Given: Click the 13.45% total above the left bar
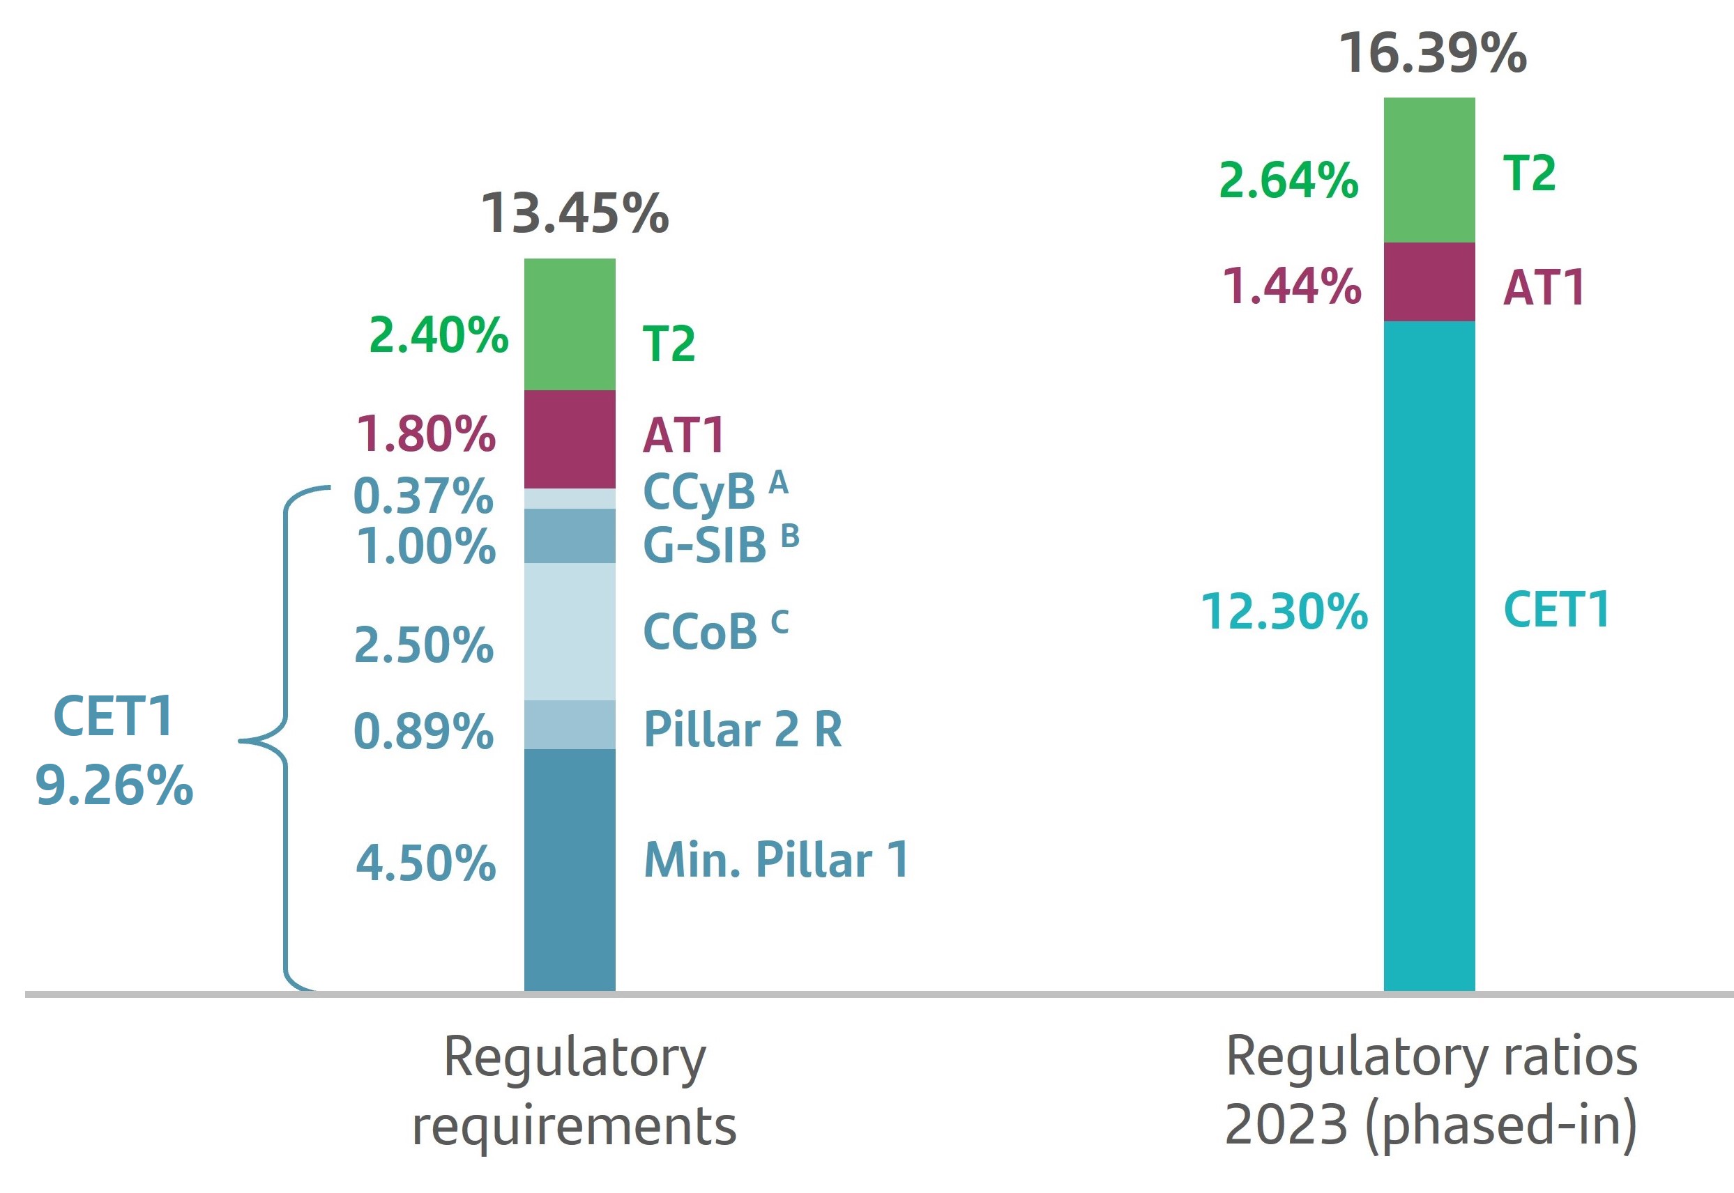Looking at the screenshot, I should (x=575, y=214).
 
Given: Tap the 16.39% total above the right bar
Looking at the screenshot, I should (x=1432, y=54).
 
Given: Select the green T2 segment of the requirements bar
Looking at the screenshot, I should (x=569, y=325).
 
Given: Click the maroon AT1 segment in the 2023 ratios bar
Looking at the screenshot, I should (x=1429, y=282).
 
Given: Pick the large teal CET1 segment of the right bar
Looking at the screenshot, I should (x=1429, y=656).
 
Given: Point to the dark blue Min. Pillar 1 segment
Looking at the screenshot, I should (x=569, y=870).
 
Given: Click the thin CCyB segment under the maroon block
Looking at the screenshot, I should (x=569, y=498).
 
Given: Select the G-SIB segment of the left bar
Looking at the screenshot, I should (x=569, y=536).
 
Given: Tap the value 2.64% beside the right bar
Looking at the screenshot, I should (x=1288, y=181).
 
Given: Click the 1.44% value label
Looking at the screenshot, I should (x=1291, y=287).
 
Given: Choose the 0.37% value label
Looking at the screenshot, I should (x=423, y=495).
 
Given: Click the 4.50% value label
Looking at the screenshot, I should (x=425, y=863).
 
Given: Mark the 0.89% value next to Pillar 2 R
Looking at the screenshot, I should (x=423, y=731).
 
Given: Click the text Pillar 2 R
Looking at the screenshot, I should (x=743, y=730).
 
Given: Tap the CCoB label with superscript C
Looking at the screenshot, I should (x=715, y=631).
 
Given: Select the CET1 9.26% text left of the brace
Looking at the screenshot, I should (x=114, y=751).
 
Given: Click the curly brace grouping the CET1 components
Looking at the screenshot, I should (x=285, y=740).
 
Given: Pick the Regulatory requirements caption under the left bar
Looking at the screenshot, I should (x=575, y=1091).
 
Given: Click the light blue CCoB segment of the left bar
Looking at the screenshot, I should (x=569, y=631).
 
